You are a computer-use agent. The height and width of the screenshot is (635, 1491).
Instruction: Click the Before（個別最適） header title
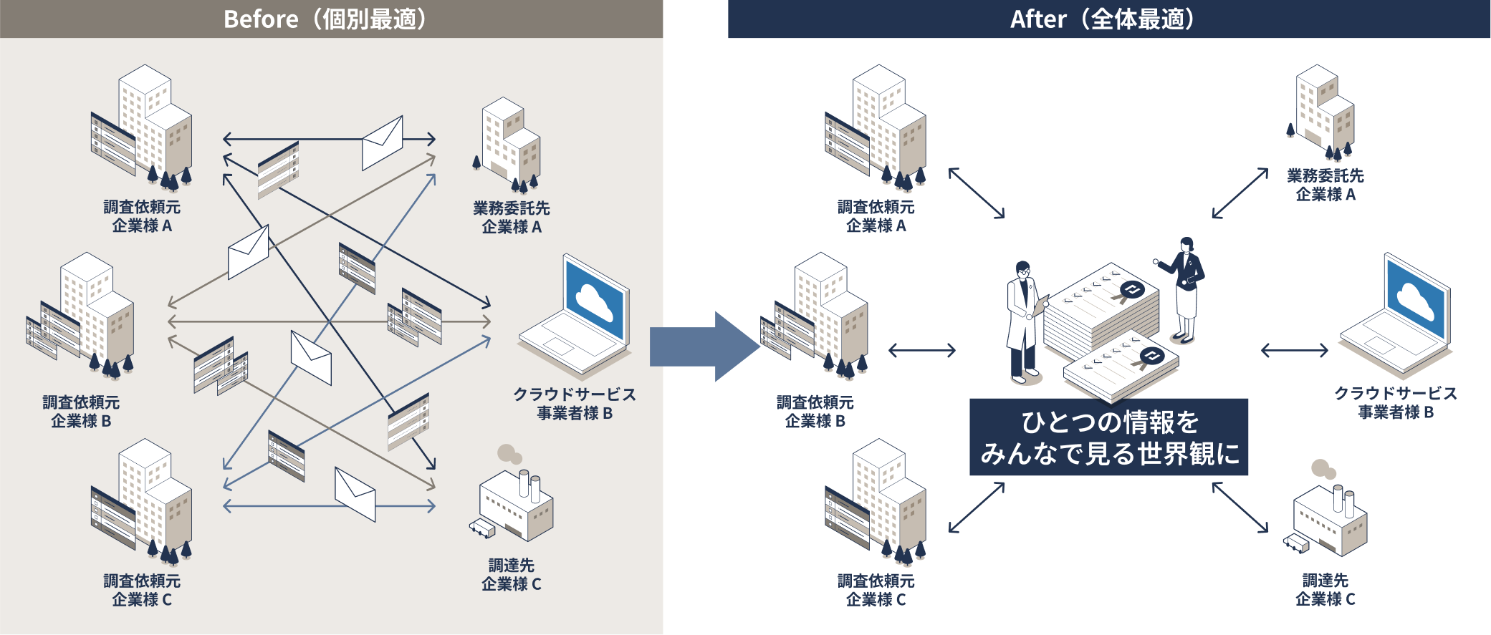coord(325,19)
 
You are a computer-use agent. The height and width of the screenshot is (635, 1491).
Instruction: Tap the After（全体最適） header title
coord(1103,19)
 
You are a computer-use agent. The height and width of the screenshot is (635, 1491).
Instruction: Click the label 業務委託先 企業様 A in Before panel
coord(511,218)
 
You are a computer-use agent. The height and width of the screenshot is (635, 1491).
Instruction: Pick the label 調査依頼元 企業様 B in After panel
coord(815,412)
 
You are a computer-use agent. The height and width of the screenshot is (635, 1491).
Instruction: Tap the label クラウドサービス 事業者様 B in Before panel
coord(575,404)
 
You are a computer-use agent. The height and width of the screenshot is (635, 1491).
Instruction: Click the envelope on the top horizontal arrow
coord(382,142)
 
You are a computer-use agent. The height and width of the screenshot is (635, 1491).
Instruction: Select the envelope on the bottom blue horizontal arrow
coord(355,493)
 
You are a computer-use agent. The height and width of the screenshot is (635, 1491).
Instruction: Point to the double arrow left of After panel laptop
coord(1294,350)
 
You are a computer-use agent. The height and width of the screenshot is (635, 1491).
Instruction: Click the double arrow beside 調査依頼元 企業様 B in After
coord(921,350)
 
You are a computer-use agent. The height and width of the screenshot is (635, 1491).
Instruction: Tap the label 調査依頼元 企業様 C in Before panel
coord(142,591)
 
